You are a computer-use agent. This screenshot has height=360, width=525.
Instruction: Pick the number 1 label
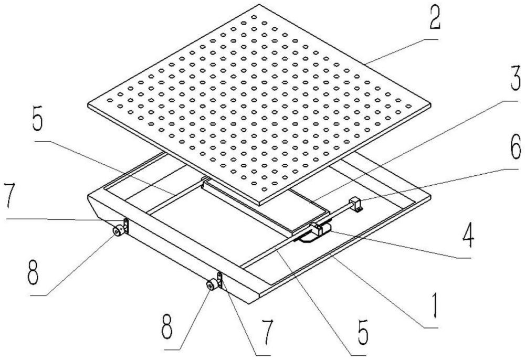click(x=435, y=304)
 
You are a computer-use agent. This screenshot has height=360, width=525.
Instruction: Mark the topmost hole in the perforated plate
click(x=254, y=17)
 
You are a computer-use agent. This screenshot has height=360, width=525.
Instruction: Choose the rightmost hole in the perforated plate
click(x=408, y=106)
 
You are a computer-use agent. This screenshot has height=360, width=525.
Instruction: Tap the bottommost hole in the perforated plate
click(x=254, y=183)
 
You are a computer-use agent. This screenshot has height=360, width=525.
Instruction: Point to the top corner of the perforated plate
click(x=259, y=4)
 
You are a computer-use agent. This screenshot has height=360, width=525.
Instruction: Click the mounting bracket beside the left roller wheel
click(x=126, y=226)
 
